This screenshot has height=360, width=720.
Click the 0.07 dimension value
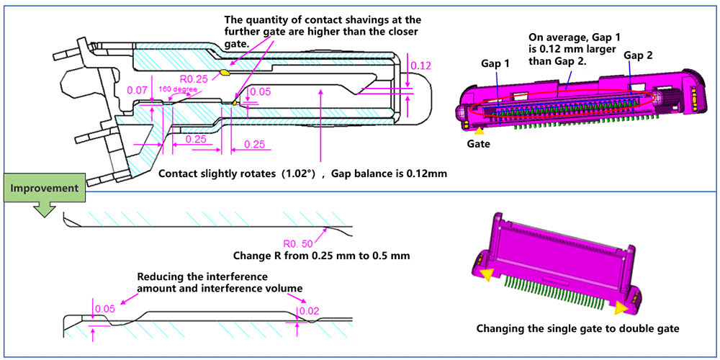[137, 90]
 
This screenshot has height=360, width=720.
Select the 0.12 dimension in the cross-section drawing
[420, 66]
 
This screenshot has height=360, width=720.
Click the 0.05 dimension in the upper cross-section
[261, 91]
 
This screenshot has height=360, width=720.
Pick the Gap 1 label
[495, 63]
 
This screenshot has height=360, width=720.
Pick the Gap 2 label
[639, 55]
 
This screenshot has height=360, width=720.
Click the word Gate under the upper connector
[478, 144]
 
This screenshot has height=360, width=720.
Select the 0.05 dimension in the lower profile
[105, 309]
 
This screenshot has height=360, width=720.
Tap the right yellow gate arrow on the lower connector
[621, 308]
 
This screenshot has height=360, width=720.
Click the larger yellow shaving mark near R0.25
[226, 72]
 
